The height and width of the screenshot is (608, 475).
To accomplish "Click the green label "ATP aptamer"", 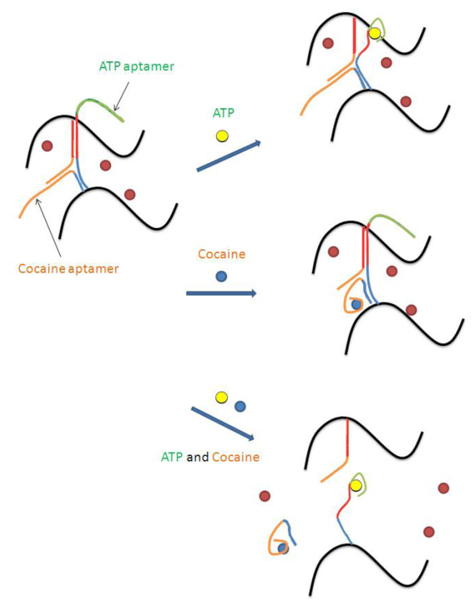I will click(x=136, y=66).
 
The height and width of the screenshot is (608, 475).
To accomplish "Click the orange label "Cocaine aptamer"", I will click(x=68, y=269).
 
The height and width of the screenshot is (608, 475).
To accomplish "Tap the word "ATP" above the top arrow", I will click(x=223, y=113).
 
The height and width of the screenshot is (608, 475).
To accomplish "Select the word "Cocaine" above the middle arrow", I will click(x=221, y=254).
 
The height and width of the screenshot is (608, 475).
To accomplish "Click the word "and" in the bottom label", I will click(x=197, y=457).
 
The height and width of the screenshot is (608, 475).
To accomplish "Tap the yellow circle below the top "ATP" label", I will click(x=222, y=136).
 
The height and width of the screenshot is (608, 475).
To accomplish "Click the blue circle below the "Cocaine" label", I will click(x=221, y=277).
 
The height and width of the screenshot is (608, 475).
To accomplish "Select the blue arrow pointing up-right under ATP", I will click(x=229, y=156).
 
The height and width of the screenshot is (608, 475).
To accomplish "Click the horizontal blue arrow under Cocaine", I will click(x=221, y=293).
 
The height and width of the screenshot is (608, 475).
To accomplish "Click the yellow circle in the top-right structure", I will click(x=375, y=33).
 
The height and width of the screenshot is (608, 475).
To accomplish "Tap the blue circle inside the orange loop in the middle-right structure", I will click(x=356, y=305).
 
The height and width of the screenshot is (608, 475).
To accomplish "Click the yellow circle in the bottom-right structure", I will click(x=356, y=485).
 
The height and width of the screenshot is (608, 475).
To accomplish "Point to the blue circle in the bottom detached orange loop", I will click(x=282, y=549).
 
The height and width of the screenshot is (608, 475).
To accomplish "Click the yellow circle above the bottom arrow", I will click(x=222, y=397).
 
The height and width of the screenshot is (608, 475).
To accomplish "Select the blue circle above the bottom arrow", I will click(x=240, y=407).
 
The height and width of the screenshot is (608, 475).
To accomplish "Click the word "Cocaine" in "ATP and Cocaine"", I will click(x=236, y=457).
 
